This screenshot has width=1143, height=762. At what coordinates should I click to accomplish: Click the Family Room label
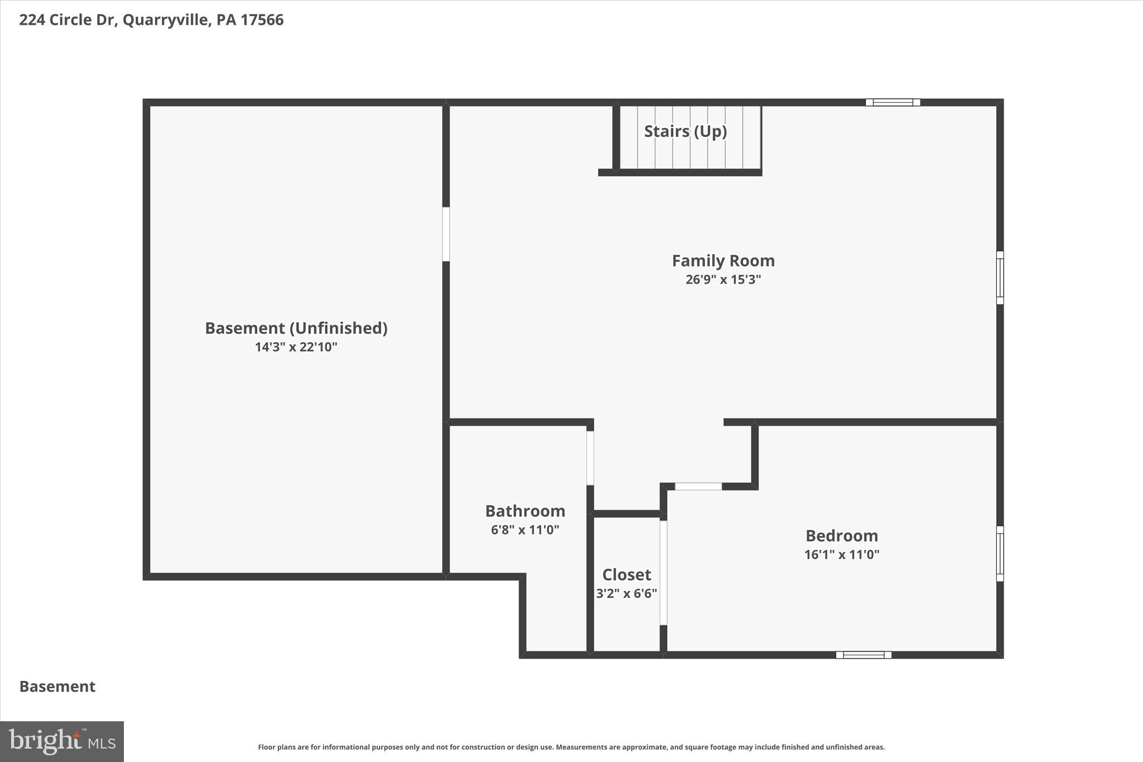723,261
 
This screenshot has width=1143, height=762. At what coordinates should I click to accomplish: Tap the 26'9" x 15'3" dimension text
723,280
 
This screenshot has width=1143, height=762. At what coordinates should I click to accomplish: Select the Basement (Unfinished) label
296,328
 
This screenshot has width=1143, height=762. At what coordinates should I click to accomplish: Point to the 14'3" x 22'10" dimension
296,347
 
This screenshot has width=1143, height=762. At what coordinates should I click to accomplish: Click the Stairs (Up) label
685,131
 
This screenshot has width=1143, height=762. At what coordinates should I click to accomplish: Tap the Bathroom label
525,511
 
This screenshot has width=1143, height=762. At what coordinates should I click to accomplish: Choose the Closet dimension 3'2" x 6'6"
626,593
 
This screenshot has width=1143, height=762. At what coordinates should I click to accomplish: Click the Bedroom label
842,536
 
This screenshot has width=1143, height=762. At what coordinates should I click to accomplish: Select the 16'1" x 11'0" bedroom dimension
842,555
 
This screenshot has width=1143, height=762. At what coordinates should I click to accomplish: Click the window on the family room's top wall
892,102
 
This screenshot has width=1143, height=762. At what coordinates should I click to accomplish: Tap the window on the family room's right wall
1000,277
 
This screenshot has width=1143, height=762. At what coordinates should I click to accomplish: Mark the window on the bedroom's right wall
1000,553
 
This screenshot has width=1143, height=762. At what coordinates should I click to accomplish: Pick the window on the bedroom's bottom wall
863,655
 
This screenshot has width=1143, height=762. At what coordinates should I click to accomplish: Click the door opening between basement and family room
446,234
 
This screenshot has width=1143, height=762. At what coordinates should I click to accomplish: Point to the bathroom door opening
590,458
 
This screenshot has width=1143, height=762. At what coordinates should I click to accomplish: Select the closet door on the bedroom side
663,572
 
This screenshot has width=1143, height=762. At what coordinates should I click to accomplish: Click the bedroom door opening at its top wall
698,486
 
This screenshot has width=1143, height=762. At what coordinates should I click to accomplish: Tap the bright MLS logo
62,741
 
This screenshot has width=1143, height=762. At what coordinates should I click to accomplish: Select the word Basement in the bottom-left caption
57,687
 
